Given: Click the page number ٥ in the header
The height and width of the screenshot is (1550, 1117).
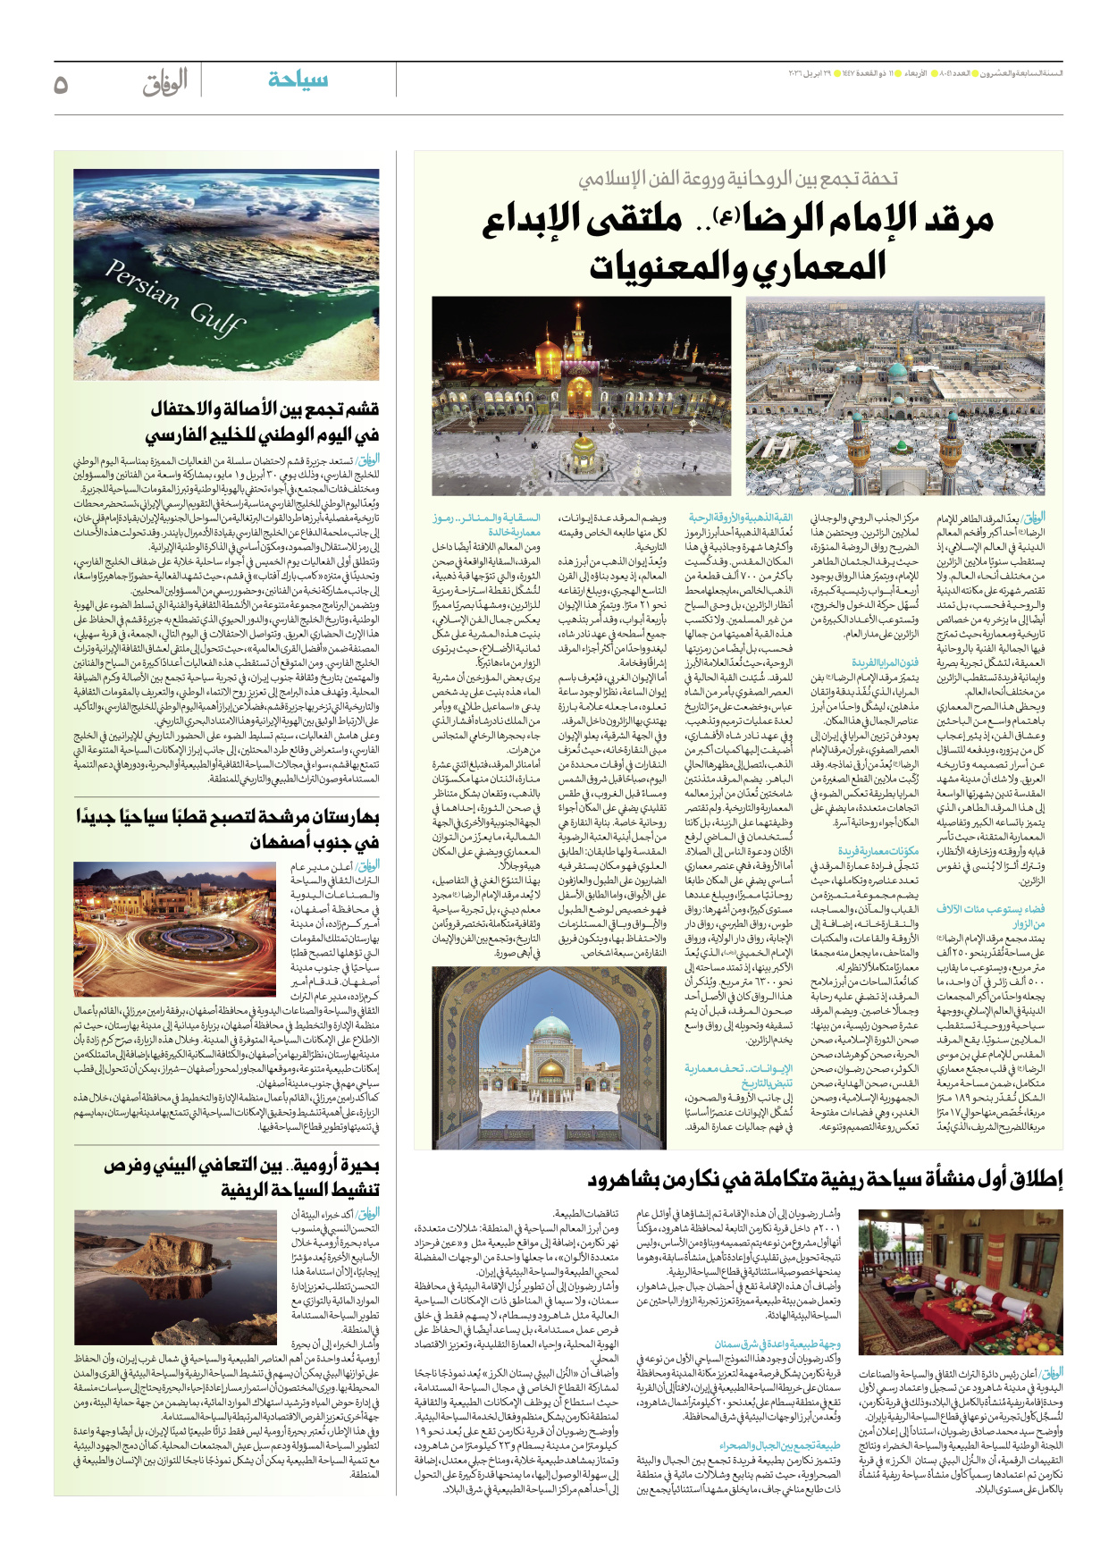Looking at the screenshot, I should click(x=61, y=84).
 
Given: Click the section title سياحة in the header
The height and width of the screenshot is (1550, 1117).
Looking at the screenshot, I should click(x=298, y=80).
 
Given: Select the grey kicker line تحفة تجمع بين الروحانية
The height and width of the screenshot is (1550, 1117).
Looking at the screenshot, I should click(x=737, y=179).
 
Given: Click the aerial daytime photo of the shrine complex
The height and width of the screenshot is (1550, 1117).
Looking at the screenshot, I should click(x=894, y=395).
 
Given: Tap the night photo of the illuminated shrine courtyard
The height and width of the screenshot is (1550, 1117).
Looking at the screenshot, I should click(x=581, y=395).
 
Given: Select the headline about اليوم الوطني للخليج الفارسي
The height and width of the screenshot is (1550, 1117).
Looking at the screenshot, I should click(x=264, y=422).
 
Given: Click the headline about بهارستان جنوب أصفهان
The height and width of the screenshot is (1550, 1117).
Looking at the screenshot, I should click(x=228, y=829).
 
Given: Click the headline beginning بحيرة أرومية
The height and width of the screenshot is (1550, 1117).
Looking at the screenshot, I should click(x=241, y=1176).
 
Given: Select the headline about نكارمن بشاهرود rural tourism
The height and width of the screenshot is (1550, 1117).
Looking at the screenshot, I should click(x=825, y=1180).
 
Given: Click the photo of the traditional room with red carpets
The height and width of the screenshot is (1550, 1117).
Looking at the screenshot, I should click(x=960, y=1282).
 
